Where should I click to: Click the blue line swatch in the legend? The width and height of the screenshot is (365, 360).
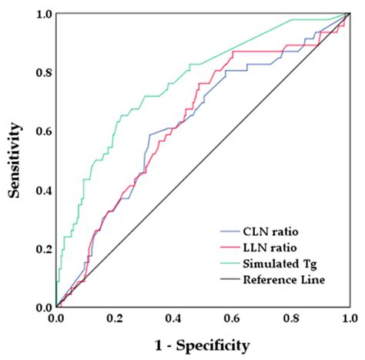pyautogui.click(x=230, y=230)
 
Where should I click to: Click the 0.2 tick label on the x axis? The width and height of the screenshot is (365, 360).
pyautogui.click(x=114, y=317)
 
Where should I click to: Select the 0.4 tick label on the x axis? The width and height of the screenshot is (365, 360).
pyautogui.click(x=172, y=317)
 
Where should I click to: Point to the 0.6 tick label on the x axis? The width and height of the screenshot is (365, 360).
pyautogui.click(x=231, y=317)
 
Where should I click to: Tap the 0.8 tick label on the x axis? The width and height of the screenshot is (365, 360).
pyautogui.click(x=290, y=317)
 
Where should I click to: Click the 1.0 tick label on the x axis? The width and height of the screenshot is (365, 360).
pyautogui.click(x=348, y=317)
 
